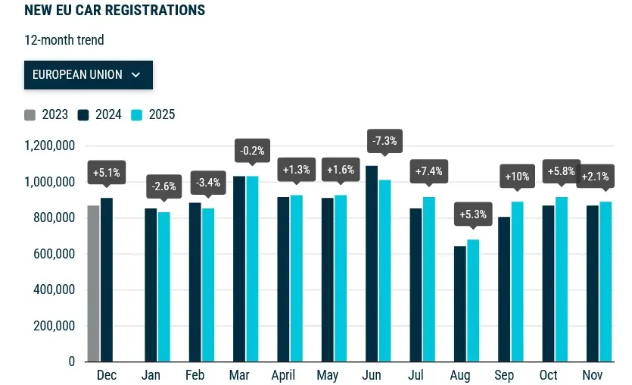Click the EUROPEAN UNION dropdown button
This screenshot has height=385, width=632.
coord(89,75)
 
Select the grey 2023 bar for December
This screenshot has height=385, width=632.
coord(93,283)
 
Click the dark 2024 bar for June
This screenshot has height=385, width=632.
coord(372,263)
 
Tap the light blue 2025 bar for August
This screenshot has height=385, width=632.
coord(473,300)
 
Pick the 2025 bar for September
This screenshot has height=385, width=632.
coord(517,281)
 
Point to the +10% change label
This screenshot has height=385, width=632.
coord(517,177)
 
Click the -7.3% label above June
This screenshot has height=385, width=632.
coord(384,141)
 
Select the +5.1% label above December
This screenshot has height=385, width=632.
coord(106,172)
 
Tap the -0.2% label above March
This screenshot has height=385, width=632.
coord(252,151)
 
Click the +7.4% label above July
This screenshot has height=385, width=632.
coord(428,171)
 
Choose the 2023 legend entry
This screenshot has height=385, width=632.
coord(46,115)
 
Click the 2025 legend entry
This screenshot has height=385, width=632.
coord(154,115)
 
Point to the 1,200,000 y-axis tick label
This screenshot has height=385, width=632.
coord(50,146)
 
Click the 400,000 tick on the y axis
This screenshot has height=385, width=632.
coord(54,290)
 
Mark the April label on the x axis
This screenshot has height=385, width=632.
coord(283,375)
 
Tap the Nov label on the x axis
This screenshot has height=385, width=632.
coord(593,375)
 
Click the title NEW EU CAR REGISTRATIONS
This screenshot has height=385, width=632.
coord(114,11)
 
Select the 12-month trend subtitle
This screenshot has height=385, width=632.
coord(64,40)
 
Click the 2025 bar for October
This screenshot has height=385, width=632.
coord(561,279)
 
